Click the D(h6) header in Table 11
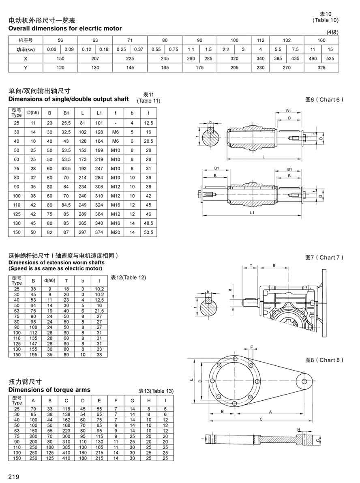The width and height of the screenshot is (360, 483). [x=32, y=112]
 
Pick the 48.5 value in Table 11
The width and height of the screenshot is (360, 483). [x=148, y=223]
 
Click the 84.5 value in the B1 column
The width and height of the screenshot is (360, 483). [x=66, y=205]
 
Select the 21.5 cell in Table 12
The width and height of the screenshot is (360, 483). [x=99, y=310]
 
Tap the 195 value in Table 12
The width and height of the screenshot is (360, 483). [x=33, y=354]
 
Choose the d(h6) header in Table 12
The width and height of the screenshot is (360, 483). [x=49, y=280]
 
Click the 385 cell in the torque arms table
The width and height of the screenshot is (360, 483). [x=66, y=447]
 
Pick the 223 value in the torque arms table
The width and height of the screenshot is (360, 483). [x=66, y=430]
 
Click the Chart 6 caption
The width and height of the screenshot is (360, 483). [x=324, y=99]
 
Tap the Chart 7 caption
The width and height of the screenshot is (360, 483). [x=324, y=258]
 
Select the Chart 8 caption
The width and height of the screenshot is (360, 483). [x=324, y=360]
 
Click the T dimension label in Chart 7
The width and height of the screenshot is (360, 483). [x=251, y=265]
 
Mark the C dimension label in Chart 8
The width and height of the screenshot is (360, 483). [x=261, y=419]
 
